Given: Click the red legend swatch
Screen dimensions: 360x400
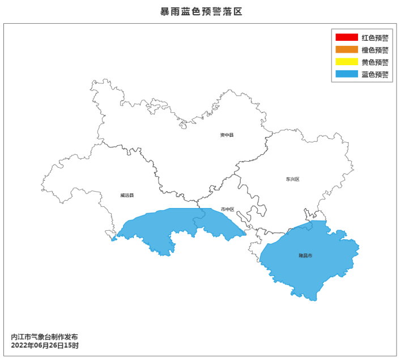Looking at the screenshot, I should coord(346,38).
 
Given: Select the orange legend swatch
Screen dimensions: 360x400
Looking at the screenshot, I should coord(346,50).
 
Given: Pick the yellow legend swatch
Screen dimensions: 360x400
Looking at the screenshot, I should coord(346,62).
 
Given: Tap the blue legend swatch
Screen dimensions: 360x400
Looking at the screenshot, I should coord(346,74).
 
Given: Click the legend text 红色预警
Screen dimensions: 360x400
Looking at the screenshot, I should coord(375,38).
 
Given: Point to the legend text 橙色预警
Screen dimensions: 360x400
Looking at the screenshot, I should coord(375,50).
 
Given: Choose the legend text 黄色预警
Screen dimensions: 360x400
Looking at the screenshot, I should coord(375,62).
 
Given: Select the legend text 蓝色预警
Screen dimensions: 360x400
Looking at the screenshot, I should coord(375,74).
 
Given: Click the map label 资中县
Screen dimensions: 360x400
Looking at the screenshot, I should coord(227,135).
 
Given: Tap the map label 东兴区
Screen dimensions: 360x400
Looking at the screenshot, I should coord(292,179).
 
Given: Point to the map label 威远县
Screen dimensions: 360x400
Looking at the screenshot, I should coord(127,196).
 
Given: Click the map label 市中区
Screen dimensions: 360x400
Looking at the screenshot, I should coord(227,209).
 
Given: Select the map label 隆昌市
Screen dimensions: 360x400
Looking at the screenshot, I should coord(305,256).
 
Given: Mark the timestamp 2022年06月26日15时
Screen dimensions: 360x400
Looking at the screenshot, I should coord(45,345).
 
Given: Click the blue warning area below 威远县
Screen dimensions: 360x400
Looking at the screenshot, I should coord(170,227).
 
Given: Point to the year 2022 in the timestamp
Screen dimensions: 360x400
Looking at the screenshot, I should coord(19,345).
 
